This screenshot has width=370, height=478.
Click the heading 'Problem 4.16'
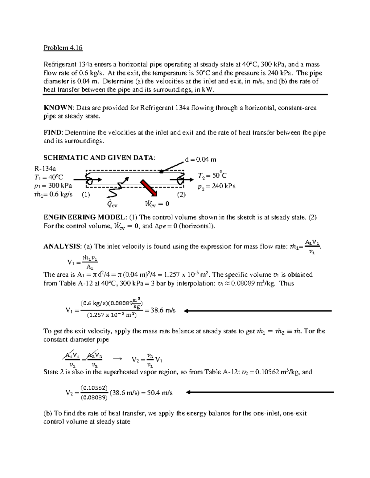click(x=63, y=48)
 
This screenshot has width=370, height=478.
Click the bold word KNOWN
click(x=58, y=108)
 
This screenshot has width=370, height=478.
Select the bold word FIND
click(x=53, y=133)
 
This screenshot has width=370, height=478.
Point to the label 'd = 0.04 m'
click(x=200, y=159)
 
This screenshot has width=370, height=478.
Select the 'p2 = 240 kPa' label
click(x=216, y=186)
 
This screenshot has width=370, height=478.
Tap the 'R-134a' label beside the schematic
click(x=46, y=168)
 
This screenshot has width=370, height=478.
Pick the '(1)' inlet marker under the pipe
click(x=86, y=195)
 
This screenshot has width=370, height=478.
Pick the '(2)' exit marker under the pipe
click(x=181, y=195)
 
